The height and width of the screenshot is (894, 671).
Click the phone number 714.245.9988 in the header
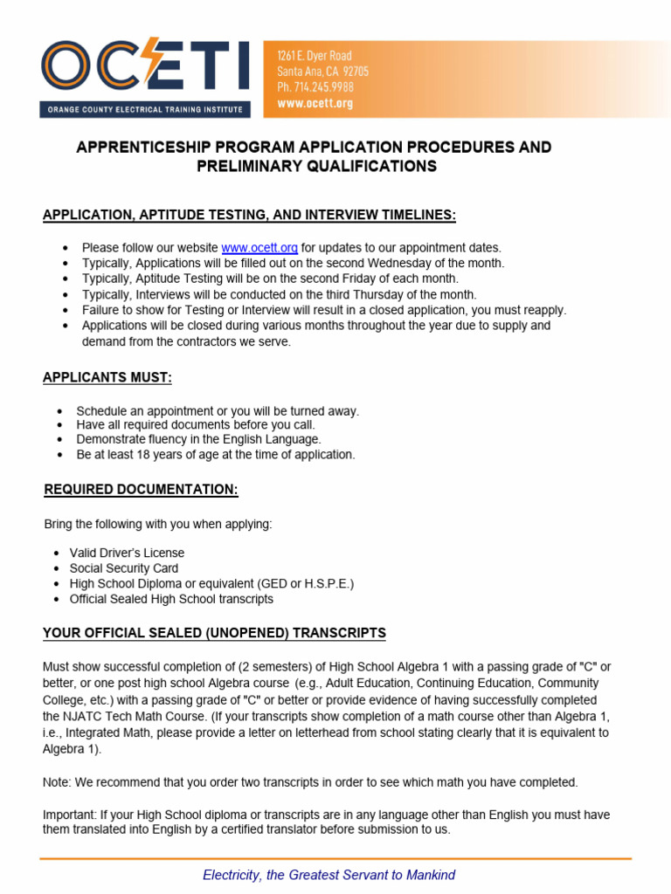[315, 87]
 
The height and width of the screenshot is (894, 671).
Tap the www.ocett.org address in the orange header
[315, 103]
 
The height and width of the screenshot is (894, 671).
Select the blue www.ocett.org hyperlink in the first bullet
[259, 248]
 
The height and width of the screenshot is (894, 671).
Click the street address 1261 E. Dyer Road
[315, 56]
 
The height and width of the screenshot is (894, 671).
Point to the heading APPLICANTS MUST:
[107, 377]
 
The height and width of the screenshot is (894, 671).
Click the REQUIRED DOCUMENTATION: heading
[141, 490]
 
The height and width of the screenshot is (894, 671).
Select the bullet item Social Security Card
[124, 568]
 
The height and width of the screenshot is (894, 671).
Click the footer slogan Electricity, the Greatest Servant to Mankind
[329, 875]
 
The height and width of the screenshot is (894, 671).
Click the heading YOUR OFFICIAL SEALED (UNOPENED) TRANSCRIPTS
[214, 632]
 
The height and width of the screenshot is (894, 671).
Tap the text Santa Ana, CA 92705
[322, 72]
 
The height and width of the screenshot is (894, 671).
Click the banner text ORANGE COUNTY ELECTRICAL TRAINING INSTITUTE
[145, 110]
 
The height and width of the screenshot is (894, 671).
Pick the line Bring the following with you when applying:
[158, 524]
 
